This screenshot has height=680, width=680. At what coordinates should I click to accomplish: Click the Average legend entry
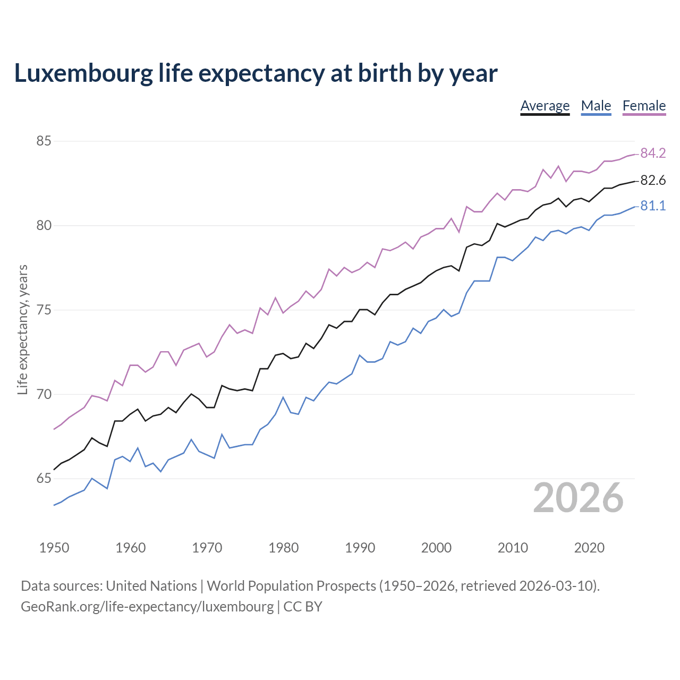click(545, 106)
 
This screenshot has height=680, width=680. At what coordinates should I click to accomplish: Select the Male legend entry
click(596, 106)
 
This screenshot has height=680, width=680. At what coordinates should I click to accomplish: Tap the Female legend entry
click(644, 106)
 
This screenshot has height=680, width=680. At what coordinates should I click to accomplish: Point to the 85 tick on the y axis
click(44, 141)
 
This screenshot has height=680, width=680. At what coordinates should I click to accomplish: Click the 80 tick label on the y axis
click(44, 226)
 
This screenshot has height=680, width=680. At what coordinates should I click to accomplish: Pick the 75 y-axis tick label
click(44, 310)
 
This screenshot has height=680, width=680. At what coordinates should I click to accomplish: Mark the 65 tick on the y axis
click(44, 479)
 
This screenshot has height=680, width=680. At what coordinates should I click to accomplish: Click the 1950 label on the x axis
click(54, 548)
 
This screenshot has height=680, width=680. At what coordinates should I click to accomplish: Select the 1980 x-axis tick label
click(283, 548)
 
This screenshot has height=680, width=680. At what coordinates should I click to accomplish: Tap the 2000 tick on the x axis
click(436, 548)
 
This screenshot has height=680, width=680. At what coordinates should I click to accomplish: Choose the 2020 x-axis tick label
click(589, 548)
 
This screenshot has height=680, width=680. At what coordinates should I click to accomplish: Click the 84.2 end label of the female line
click(653, 154)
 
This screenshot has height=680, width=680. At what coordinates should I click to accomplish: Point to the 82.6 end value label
click(653, 181)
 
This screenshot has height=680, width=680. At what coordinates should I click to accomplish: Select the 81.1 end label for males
click(653, 206)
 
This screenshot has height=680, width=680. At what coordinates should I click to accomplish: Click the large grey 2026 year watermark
click(578, 498)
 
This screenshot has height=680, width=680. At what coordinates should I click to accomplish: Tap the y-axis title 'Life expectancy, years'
click(23, 330)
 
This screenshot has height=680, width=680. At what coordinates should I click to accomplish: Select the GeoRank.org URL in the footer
click(147, 607)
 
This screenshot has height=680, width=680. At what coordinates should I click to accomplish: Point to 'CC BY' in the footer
click(303, 607)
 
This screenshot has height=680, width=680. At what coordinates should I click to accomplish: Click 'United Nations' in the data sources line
click(151, 586)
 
